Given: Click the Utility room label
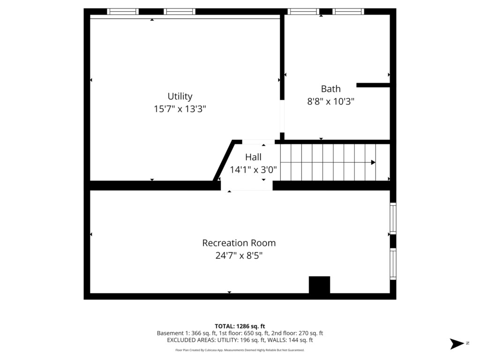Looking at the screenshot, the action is coord(180,97).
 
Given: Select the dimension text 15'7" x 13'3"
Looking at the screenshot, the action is coord(180,109).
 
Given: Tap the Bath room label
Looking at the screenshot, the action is coord(330,89).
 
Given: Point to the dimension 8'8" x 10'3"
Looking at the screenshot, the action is coord(330,101).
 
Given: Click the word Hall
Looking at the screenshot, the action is coord(253,157).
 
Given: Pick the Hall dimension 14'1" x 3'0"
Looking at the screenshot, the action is coord(253,170).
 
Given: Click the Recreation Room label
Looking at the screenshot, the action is coord(239,243).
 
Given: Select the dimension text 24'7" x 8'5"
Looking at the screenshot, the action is coord(239,255).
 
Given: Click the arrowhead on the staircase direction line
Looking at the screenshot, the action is coord(373,162).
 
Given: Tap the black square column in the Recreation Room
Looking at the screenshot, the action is coord(319,285).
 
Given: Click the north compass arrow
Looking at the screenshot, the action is coord(457,344).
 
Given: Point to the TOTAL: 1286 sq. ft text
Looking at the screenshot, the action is coord(240,326).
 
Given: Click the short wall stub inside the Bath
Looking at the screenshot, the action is coord(373,85).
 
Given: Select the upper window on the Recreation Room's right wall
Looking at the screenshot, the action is coord(393,218).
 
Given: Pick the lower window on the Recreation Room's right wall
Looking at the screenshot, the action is coord(393,264).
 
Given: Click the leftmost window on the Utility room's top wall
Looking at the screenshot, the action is coord(123,12).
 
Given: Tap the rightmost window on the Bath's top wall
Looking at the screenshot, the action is coord(348,12).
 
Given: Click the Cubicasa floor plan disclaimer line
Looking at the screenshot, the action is coord(240,350).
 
